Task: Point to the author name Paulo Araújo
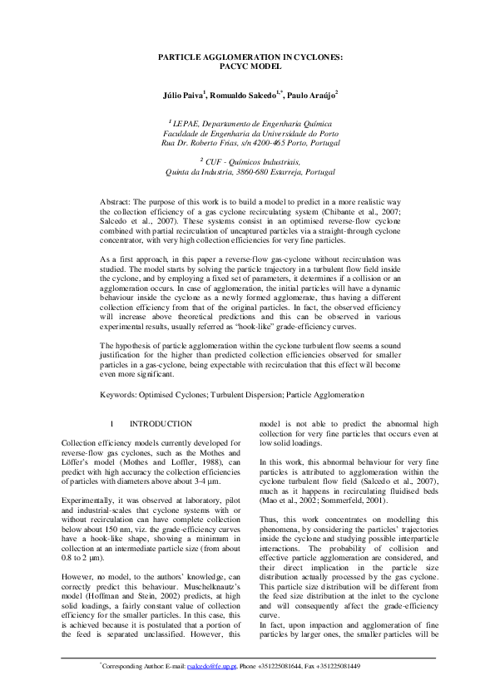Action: (314, 96)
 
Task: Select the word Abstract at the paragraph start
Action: (116, 202)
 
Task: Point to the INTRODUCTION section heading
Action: (161, 424)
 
